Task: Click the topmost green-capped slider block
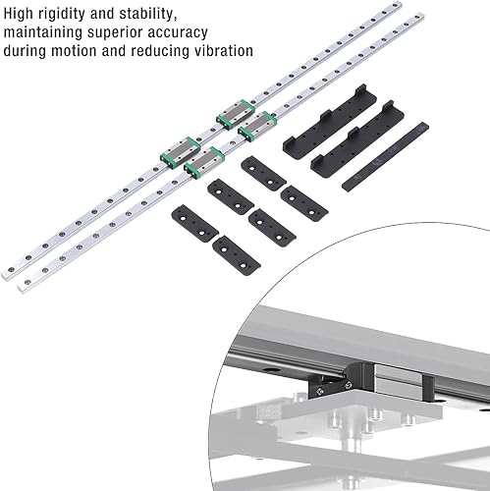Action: (236, 114)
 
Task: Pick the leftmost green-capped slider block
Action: (181, 152)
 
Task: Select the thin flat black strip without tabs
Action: (385, 156)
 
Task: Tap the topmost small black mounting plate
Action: (263, 174)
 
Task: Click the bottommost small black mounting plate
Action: (237, 255)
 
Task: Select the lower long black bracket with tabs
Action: (357, 139)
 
